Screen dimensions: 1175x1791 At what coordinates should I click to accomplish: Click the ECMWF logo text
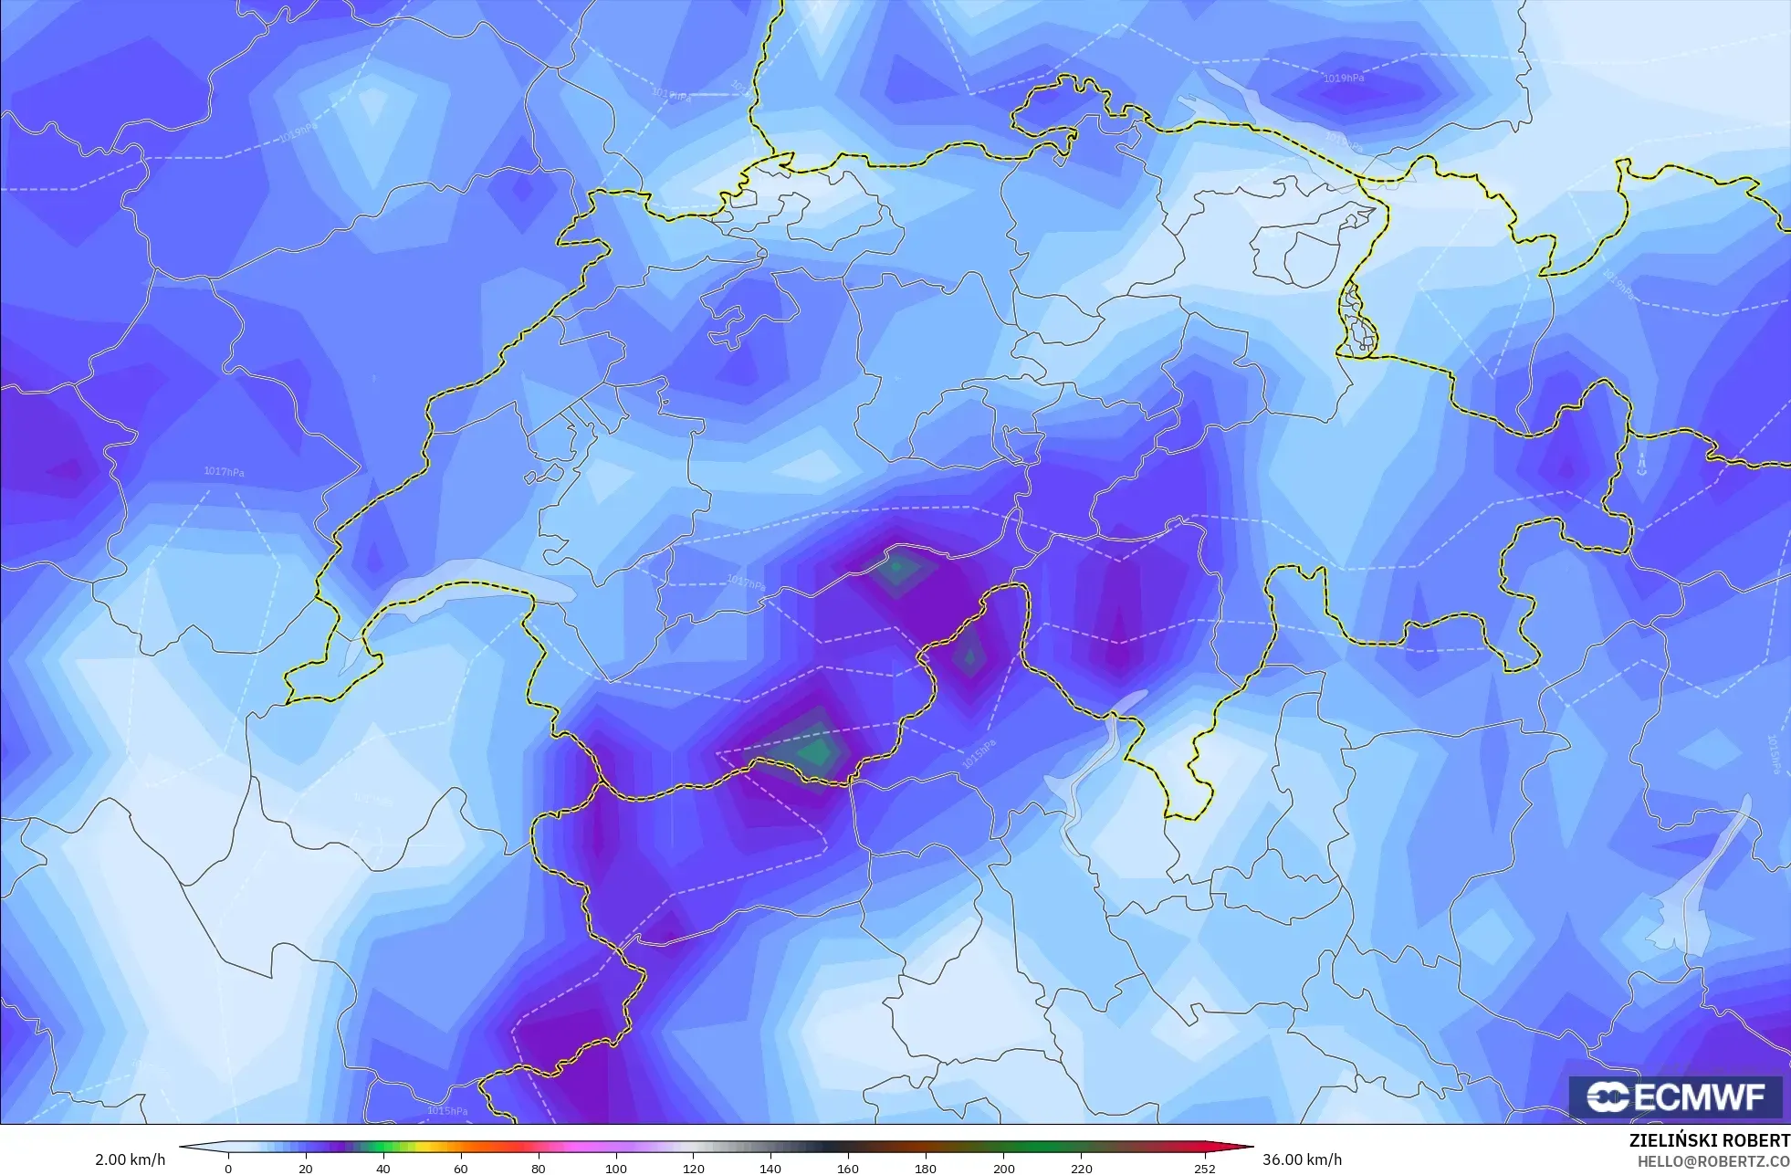pos(1699,1096)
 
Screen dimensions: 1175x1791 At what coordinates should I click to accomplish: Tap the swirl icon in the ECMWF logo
pos(1608,1096)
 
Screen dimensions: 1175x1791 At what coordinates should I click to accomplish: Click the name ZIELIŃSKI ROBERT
pos(1709,1141)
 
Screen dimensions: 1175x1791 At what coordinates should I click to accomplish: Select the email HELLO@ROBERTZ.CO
pos(1712,1161)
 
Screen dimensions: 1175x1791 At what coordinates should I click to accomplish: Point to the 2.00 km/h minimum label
pos(130,1159)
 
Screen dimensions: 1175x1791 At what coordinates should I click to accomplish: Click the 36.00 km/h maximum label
pos(1302,1159)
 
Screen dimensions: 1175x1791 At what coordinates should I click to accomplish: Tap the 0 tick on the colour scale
pos(228,1168)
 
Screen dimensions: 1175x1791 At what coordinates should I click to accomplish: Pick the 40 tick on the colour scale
pos(383,1168)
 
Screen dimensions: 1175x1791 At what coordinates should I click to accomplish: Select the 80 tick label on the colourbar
pos(539,1168)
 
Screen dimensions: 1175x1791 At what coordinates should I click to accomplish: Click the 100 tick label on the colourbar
pos(616,1168)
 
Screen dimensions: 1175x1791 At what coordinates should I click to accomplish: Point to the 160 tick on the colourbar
pos(848,1168)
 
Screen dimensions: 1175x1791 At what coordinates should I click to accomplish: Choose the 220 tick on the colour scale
pos(1081,1168)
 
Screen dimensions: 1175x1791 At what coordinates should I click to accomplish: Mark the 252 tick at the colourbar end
pos(1205,1168)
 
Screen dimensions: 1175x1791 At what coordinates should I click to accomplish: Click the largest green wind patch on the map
pos(815,750)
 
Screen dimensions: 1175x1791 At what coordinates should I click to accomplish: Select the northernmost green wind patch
pos(898,568)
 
